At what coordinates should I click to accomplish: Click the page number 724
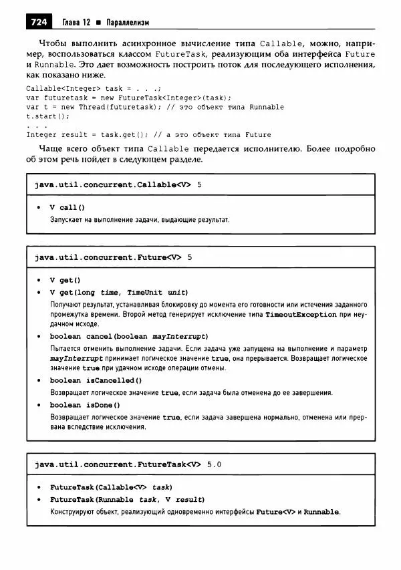38,23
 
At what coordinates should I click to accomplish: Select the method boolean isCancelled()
96,380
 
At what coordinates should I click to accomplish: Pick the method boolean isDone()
85,405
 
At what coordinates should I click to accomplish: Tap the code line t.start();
47,116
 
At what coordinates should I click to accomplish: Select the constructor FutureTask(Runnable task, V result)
127,500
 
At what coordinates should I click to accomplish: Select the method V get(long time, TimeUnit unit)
119,292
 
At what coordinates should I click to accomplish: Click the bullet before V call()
40,208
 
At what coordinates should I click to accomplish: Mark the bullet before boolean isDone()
40,405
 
